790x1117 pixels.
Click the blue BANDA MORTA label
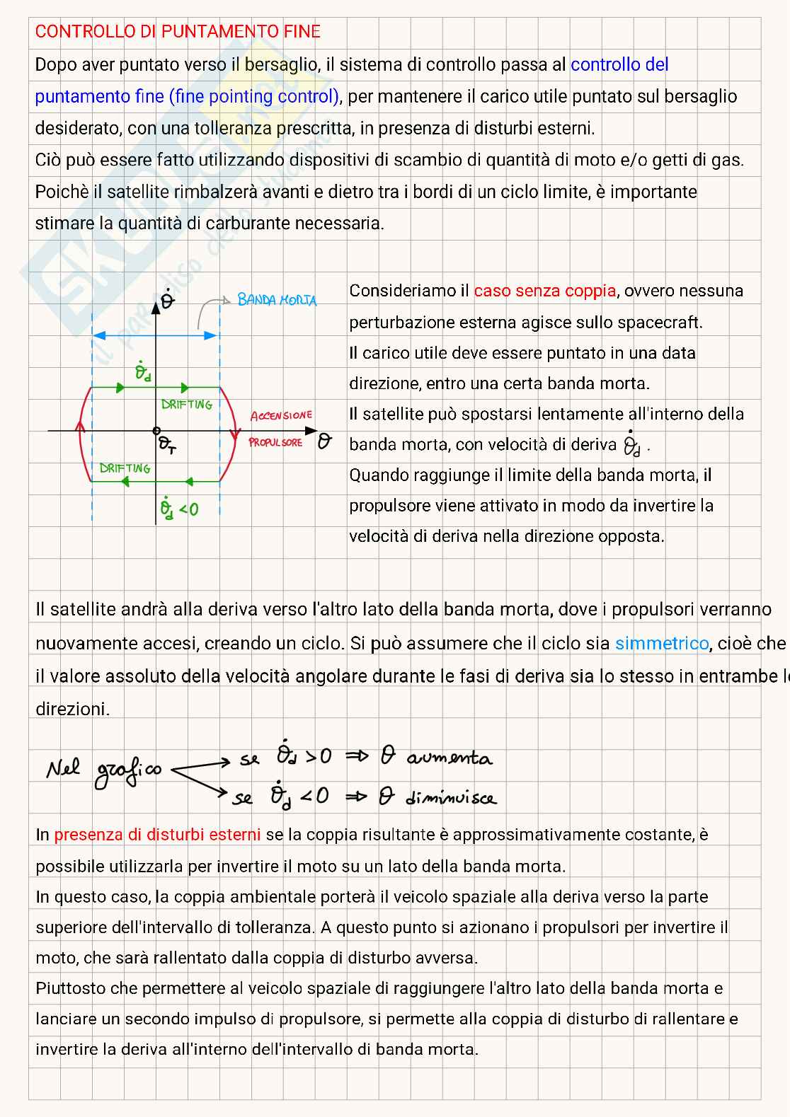pos(277,300)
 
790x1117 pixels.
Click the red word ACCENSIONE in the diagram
pos(281,416)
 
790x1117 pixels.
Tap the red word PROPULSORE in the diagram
pos(275,443)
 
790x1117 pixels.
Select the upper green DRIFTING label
pos(186,405)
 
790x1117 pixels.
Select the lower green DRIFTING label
pos(125,468)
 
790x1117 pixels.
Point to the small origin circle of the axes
pos(156,430)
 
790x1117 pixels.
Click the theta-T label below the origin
pos(167,445)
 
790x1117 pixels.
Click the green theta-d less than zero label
pos(178,507)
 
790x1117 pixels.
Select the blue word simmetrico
pos(661,644)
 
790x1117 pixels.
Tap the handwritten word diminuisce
pos(451,799)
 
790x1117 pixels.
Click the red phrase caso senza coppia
pos(544,291)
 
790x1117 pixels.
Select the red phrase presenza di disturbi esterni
pos(157,835)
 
